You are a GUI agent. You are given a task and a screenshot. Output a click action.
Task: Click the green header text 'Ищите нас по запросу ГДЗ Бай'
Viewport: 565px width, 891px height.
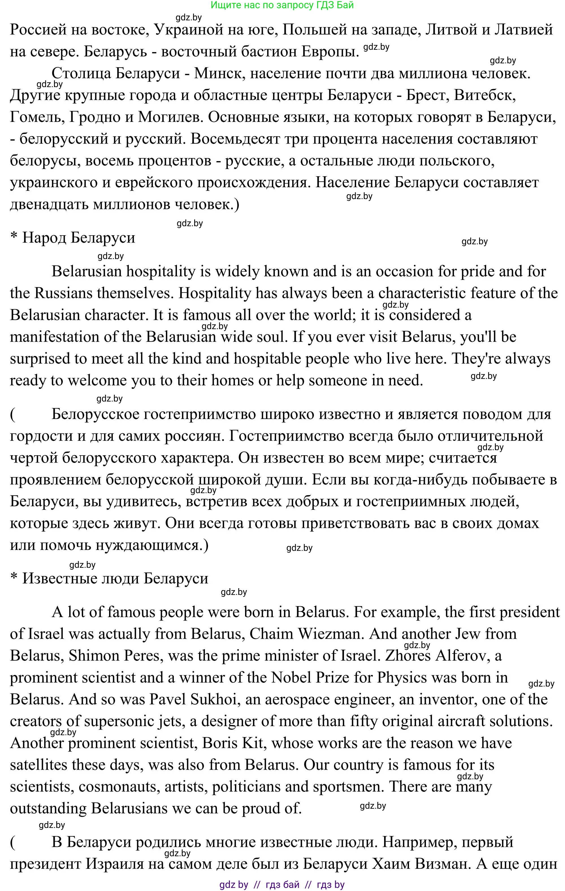[282, 5]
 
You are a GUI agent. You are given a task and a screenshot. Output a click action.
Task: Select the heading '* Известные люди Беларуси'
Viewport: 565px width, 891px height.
[109, 578]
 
